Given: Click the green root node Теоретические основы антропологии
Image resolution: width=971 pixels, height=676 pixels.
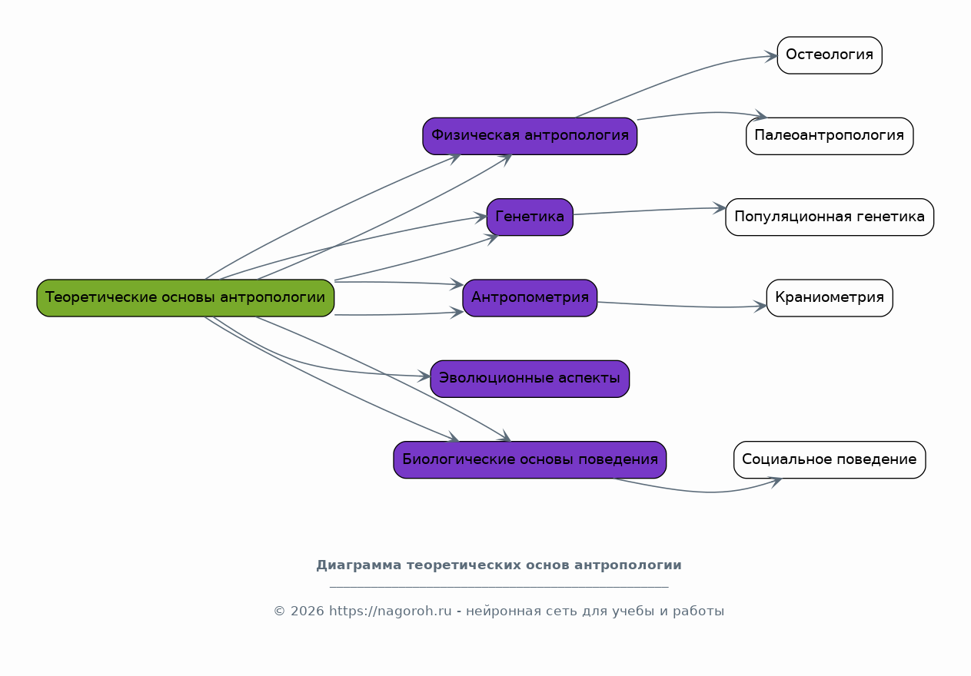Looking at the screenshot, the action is [x=185, y=298].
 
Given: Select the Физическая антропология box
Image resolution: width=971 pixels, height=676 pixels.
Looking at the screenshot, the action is [x=530, y=136].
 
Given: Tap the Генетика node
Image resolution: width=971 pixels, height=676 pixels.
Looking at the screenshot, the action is [x=530, y=217].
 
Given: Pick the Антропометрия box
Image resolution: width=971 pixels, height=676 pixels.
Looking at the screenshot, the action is [x=530, y=298].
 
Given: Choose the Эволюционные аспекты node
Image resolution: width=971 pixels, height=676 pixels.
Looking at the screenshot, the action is [x=530, y=379].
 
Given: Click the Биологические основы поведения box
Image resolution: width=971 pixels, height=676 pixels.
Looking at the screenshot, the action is [x=530, y=460].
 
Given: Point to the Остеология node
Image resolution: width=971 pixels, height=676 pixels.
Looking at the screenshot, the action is [x=830, y=55].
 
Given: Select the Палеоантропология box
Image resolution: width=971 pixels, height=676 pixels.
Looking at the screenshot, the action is [x=830, y=136].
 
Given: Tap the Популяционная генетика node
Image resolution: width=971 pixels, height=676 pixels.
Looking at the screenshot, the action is [x=830, y=217].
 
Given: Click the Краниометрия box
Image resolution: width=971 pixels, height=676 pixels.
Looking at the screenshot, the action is [x=830, y=298].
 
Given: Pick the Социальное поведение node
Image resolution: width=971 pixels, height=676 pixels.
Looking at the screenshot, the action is [x=830, y=460].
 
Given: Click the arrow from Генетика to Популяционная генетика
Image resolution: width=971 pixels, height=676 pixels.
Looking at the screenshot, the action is [x=650, y=210].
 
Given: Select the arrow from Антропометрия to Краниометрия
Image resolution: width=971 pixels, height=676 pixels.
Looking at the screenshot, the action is [x=682, y=307].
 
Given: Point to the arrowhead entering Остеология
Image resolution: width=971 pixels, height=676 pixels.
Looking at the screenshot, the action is [x=771, y=56].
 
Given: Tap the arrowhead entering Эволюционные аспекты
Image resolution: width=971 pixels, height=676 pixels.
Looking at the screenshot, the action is [x=424, y=376].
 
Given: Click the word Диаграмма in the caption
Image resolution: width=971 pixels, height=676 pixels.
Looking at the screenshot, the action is [x=358, y=565].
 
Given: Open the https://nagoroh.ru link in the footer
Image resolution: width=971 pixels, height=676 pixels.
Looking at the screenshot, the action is [x=390, y=611].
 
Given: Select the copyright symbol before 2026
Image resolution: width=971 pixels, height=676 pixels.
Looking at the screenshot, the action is [x=280, y=611].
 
